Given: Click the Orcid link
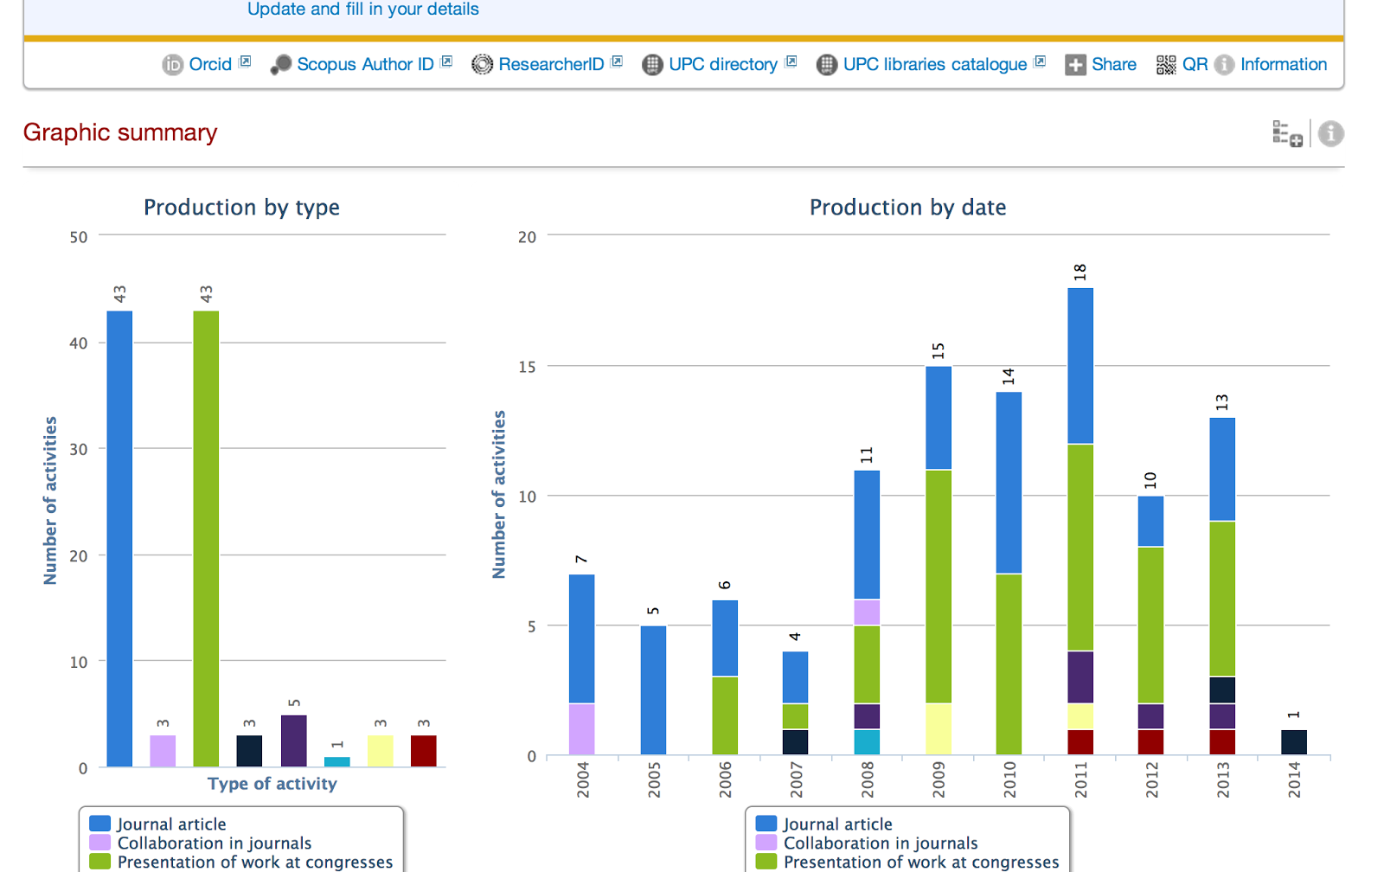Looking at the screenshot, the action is pyautogui.click(x=210, y=64).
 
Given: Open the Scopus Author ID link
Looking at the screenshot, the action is pyautogui.click(x=365, y=64).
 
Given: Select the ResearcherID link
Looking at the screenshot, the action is pyautogui.click(x=551, y=64).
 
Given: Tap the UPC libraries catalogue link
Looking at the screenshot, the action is pyautogui.click(x=935, y=64).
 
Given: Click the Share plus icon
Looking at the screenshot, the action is pyautogui.click(x=1075, y=65).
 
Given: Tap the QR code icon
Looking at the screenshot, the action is pyautogui.click(x=1166, y=65).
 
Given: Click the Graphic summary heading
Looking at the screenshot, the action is pyautogui.click(x=120, y=133).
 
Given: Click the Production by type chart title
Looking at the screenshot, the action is pyautogui.click(x=241, y=207).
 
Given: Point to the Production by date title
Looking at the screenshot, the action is pyautogui.click(x=907, y=207).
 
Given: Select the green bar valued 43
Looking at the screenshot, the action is pyautogui.click(x=206, y=538).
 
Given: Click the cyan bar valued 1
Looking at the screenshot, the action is pyautogui.click(x=336, y=761).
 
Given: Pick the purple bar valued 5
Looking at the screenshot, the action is pyautogui.click(x=293, y=741).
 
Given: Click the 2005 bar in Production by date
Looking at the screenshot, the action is pyautogui.click(x=653, y=690).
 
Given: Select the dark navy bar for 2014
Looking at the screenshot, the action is pyautogui.click(x=1294, y=742).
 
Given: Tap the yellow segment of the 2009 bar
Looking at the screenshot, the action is pyautogui.click(x=939, y=728).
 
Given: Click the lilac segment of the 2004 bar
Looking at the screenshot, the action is pyautogui.click(x=582, y=728).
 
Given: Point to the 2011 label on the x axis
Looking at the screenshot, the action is pyautogui.click(x=1080, y=780).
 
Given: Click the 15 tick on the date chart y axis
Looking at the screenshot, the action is pyautogui.click(x=527, y=367).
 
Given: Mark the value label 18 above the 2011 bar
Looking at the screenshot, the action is pyautogui.click(x=1080, y=272).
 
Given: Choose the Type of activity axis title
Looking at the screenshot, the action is pyautogui.click(x=272, y=784).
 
